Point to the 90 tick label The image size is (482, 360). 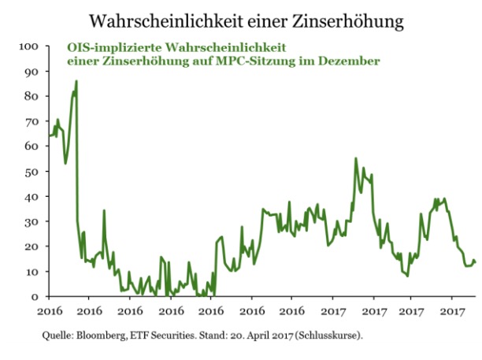pyautogui.click(x=31, y=72)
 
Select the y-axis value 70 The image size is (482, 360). pyautogui.click(x=31, y=121)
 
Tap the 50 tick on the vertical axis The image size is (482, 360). pyautogui.click(x=31, y=172)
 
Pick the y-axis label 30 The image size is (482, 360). pyautogui.click(x=31, y=221)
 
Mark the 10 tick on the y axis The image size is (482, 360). pyautogui.click(x=31, y=272)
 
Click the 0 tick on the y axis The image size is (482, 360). pyautogui.click(x=35, y=297)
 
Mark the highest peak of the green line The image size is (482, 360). pyautogui.click(x=76, y=81)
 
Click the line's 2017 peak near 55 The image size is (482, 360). pyautogui.click(x=355, y=158)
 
